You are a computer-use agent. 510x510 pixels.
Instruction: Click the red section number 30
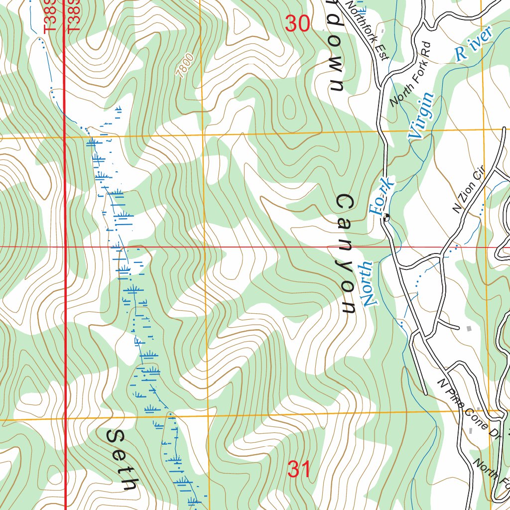point(298,23)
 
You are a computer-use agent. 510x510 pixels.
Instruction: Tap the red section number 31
point(299,469)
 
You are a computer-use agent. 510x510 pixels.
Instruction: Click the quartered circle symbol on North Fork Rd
point(386,217)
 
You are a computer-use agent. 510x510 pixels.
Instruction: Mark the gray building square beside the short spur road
point(468,328)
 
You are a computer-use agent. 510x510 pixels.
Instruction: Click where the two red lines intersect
point(65,247)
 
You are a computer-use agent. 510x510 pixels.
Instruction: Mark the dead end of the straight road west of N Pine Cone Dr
point(425,393)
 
